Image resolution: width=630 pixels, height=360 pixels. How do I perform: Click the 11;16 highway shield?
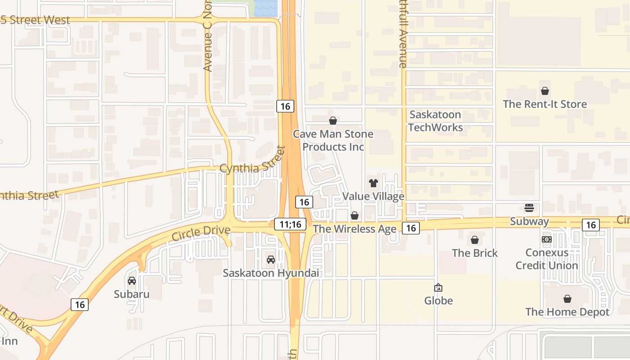tap(290, 224)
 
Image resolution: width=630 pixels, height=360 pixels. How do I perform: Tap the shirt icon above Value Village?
tap(373, 183)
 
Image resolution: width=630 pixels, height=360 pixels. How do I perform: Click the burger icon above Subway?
tap(529, 208)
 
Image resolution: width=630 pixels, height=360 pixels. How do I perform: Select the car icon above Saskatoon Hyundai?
tap(271, 260)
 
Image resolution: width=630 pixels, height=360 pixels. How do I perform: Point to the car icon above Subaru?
tap(132, 281)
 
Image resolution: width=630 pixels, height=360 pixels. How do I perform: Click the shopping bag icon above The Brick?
tap(475, 240)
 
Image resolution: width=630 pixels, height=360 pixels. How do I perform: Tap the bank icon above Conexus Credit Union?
tap(547, 239)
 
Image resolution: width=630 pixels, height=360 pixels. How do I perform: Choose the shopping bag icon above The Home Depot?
tap(567, 299)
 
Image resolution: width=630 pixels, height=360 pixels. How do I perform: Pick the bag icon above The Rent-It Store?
tap(545, 91)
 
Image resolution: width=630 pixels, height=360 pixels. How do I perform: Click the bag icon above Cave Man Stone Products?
tap(333, 121)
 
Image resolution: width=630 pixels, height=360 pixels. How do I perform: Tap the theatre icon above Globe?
tap(438, 288)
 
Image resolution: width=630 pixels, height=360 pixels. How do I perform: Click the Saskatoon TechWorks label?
tap(435, 121)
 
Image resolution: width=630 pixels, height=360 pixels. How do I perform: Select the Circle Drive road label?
tap(201, 233)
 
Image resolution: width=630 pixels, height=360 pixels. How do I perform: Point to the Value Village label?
tap(373, 197)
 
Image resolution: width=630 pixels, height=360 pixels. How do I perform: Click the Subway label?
tap(529, 221)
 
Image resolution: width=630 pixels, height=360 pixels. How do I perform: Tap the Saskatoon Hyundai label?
tap(271, 273)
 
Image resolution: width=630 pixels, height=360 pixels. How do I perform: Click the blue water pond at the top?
tap(266, 8)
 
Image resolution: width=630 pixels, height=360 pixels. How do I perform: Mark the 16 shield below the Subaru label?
tap(80, 305)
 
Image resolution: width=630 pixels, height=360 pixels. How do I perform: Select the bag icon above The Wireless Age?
tap(355, 216)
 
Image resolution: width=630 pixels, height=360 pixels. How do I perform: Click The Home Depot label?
tap(567, 312)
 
